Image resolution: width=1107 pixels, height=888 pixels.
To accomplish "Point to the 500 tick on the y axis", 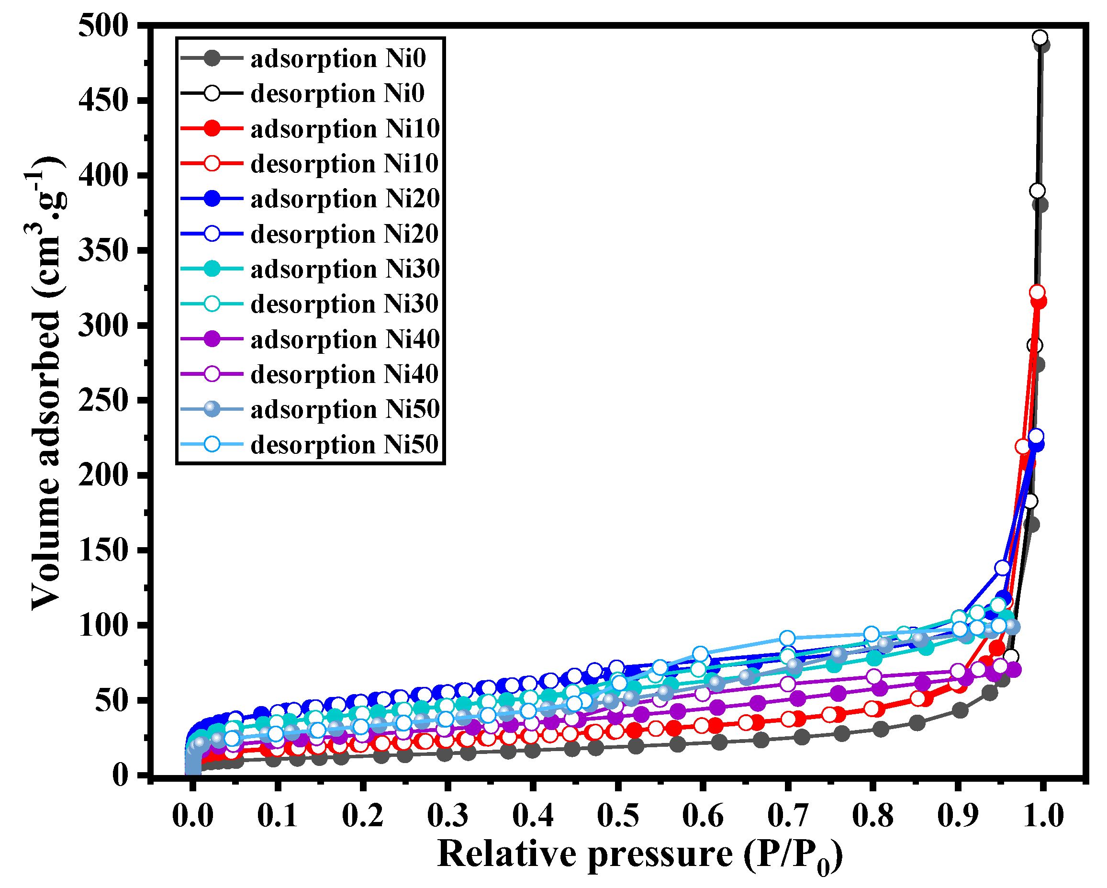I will [x=103, y=26].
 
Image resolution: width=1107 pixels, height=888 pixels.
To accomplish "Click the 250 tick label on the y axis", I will [x=103, y=400].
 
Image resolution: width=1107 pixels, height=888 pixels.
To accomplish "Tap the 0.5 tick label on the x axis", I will [x=618, y=816].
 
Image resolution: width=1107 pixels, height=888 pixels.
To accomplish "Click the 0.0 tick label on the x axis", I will [x=192, y=816].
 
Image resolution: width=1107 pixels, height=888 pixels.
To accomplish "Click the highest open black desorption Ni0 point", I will [x=1040, y=37].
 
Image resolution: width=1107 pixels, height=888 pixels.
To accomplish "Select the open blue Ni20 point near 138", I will [x=1002, y=568].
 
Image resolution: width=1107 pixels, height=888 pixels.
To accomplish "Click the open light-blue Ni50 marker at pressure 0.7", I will [x=787, y=639].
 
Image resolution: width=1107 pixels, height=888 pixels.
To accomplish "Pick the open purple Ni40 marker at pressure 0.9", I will [x=958, y=671].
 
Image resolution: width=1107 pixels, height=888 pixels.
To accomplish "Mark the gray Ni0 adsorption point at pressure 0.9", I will [x=960, y=710].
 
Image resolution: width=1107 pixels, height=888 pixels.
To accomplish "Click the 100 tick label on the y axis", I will [x=103, y=625].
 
